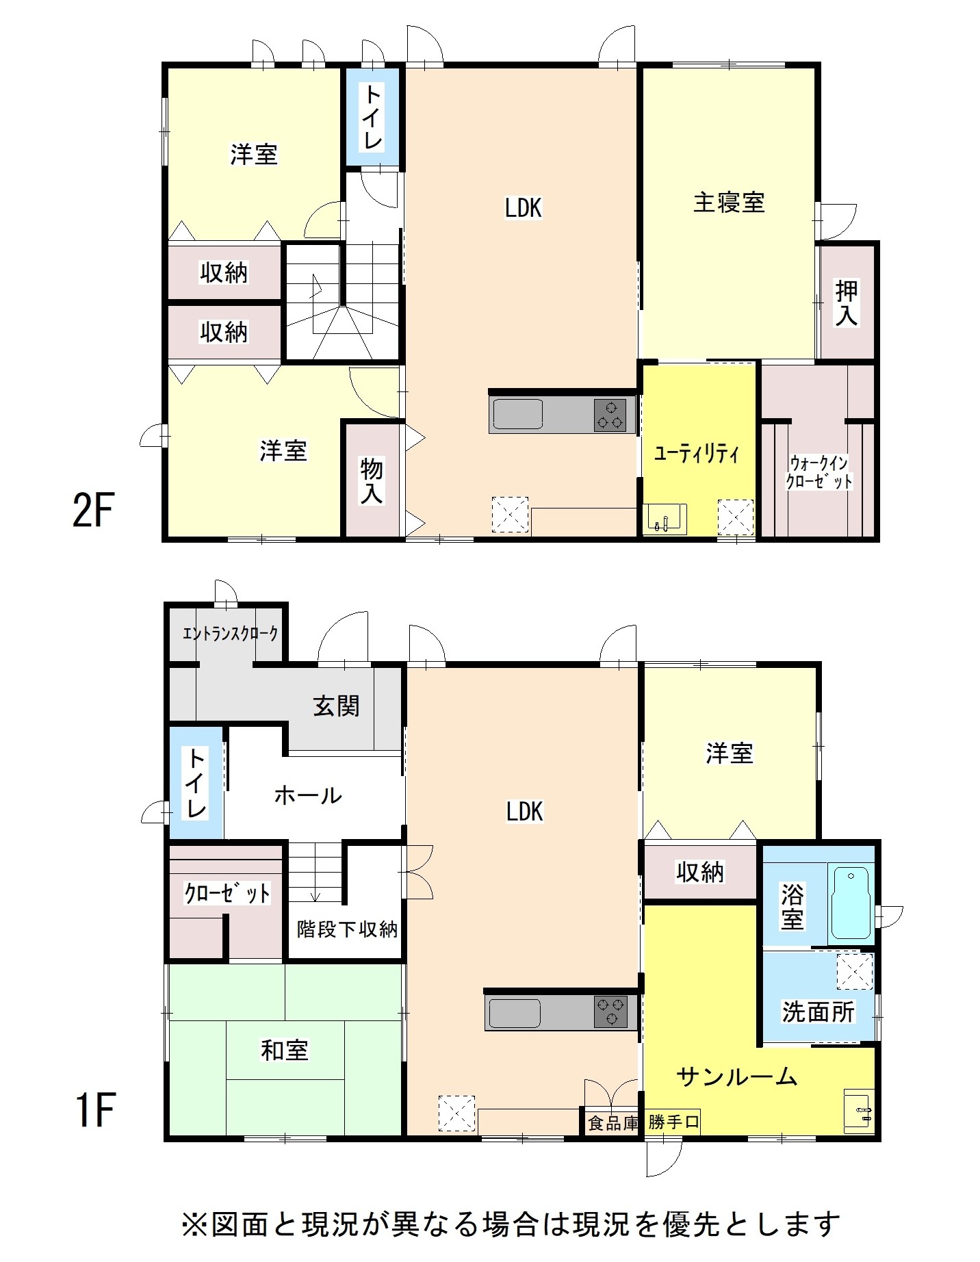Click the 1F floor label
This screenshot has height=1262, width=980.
point(94,1110)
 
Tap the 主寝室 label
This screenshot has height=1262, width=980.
point(729,203)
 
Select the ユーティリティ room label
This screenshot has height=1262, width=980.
point(697,453)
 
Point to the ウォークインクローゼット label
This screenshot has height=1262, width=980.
point(818,472)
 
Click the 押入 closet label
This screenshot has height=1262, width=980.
point(847,302)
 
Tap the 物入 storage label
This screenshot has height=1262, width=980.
point(371,480)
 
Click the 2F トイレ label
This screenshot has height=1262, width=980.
point(372,116)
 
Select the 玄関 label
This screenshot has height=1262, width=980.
point(336,706)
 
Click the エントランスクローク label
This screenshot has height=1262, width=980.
point(231,633)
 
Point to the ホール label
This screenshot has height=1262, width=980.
point(308,795)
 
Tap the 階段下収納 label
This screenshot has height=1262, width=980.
point(347,929)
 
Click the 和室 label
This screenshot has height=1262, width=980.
point(285,1050)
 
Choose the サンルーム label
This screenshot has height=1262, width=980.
point(737,1077)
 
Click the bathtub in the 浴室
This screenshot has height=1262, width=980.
point(851,901)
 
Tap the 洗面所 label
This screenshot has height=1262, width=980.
point(818,1012)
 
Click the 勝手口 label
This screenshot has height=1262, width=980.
point(674,1122)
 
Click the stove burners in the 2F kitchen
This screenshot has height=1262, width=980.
point(610,415)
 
